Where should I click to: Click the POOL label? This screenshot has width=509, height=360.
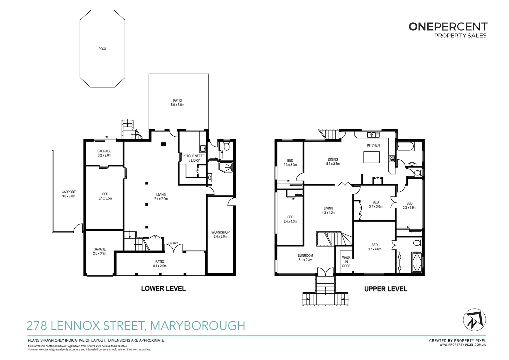tap(103, 49)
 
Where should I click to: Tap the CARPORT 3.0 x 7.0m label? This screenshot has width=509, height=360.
tap(69, 194)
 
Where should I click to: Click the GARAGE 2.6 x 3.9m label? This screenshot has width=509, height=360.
tap(100, 251)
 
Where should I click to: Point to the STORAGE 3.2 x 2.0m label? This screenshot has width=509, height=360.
tap(104, 153)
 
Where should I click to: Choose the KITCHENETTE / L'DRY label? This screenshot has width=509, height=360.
tap(194, 158)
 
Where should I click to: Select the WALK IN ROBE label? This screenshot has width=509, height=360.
tap(346, 262)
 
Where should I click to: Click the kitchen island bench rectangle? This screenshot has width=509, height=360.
tap(371, 157)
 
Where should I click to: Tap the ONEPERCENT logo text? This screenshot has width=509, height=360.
tap(448, 27)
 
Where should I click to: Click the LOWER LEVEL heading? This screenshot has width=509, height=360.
tap(163, 288)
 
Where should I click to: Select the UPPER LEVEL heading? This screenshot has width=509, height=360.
tap(385, 289)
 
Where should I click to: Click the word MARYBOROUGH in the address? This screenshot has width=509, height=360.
tap(198, 325)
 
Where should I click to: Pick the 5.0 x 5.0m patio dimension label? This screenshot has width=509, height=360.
tap(177, 105)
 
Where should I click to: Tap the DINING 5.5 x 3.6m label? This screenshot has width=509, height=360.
tap(333, 162)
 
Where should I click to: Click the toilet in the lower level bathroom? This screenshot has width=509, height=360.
tap(227, 147)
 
